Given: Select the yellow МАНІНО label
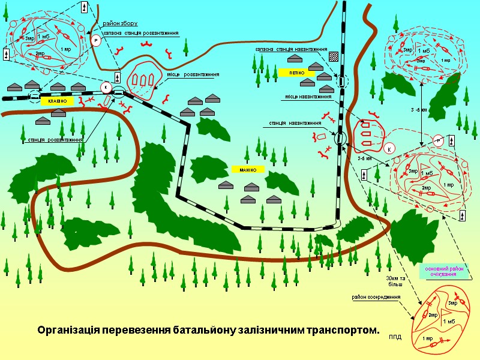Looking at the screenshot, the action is tap(248, 170).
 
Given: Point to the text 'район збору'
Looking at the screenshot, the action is tap(121, 23).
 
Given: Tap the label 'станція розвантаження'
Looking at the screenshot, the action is tap(55, 140).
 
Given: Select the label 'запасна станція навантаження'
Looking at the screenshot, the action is tap(290, 49).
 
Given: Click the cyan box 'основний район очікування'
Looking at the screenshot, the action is tap(444, 271).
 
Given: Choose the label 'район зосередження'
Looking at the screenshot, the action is tap(376, 297).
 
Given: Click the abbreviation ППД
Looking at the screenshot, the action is tap(395, 337).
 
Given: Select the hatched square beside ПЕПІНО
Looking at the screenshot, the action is tap(334, 58).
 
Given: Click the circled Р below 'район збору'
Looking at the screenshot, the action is tap(95, 40).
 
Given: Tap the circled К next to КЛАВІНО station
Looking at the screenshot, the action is tap(106, 87).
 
